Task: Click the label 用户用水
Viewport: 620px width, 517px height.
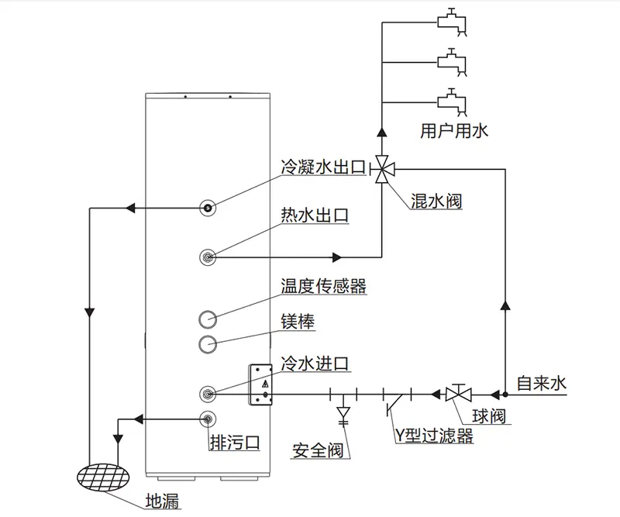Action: (x=454, y=132)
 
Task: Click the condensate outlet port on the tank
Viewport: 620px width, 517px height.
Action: (x=208, y=207)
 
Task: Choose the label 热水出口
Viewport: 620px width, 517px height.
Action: (x=315, y=215)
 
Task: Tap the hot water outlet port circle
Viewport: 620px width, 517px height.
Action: (x=208, y=257)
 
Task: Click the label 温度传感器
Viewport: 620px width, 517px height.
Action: (x=323, y=287)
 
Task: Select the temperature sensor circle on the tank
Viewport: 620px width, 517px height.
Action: (x=208, y=319)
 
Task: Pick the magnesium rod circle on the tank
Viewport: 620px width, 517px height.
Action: (x=208, y=343)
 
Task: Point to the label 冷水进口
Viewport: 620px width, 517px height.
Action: (x=315, y=363)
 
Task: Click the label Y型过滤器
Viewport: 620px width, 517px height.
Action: (x=430, y=436)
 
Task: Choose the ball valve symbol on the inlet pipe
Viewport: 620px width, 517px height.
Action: (x=456, y=394)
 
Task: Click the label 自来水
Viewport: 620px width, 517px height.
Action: (x=542, y=382)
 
